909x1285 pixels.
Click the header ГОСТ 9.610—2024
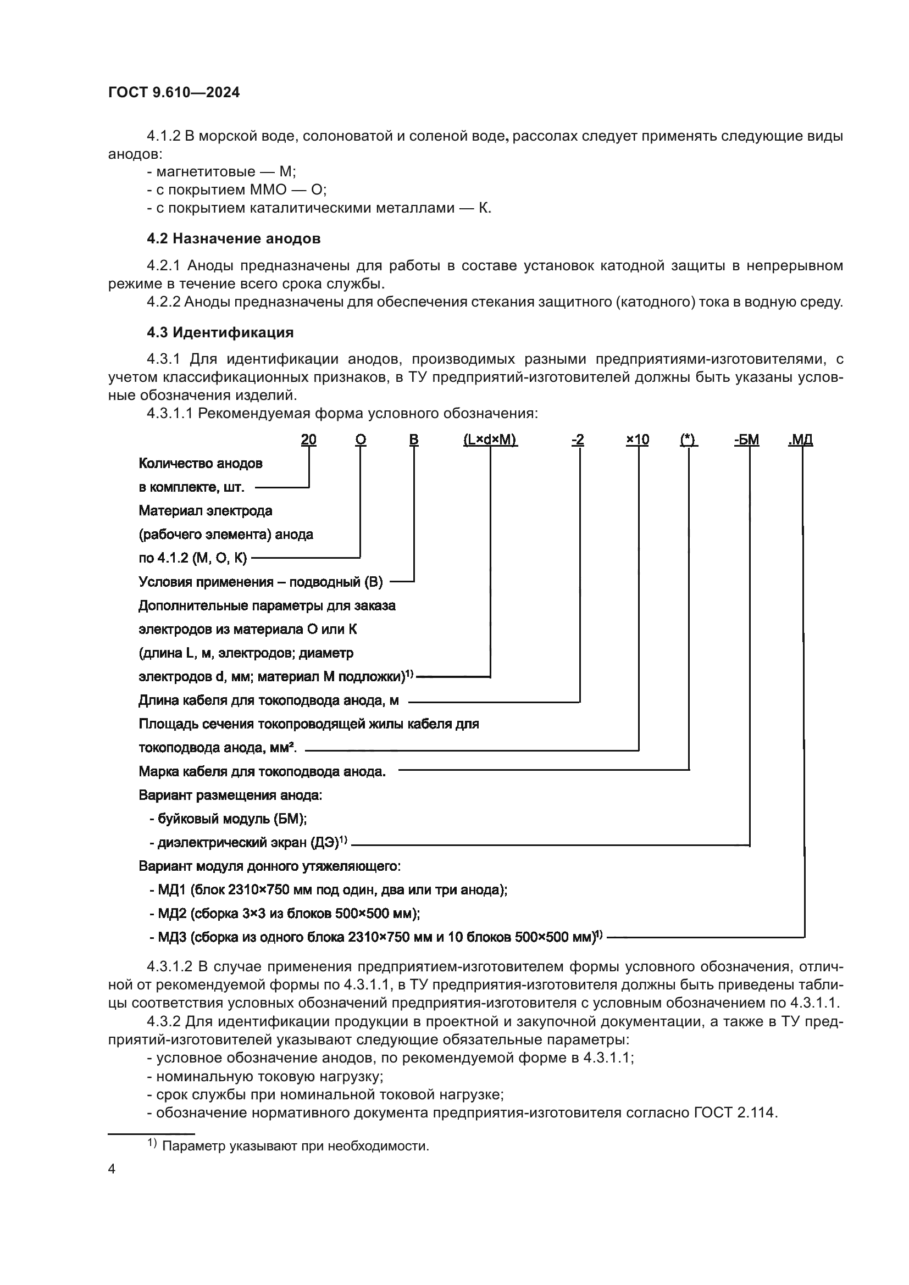click(x=174, y=92)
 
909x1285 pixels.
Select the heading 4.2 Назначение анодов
click(x=234, y=238)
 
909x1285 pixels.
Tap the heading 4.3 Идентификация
click(x=220, y=332)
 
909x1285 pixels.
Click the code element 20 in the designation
click(x=308, y=440)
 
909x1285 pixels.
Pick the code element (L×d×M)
click(x=490, y=440)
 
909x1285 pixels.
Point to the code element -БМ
click(x=746, y=440)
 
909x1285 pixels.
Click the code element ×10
click(x=637, y=440)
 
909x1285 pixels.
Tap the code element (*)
click(x=689, y=440)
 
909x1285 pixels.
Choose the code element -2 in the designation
click(x=578, y=440)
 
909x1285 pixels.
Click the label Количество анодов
click(x=201, y=464)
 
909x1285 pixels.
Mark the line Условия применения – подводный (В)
click(x=260, y=582)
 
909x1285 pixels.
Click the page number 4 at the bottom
click(x=112, y=1169)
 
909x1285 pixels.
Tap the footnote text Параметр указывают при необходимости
click(x=295, y=1145)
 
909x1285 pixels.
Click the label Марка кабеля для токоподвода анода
click(x=262, y=772)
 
